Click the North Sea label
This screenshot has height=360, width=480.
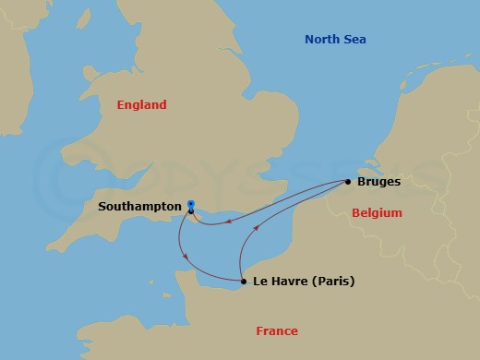(335, 39)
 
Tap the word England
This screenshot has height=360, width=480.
(141, 105)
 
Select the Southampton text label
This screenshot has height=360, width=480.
(138, 207)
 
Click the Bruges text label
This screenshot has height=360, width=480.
(378, 182)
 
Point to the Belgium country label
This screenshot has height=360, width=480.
(377, 213)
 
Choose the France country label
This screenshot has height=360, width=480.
(278, 331)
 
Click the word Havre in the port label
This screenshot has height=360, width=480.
(287, 282)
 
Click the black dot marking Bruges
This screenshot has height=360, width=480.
(348, 182)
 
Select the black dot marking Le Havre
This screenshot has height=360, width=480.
(243, 282)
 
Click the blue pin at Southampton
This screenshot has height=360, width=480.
(190, 204)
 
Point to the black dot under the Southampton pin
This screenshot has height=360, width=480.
(190, 212)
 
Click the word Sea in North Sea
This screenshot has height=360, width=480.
(354, 39)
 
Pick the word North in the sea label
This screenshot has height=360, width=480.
(322, 39)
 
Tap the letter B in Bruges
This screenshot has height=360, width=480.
(361, 182)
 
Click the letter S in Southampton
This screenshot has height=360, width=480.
(102, 207)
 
